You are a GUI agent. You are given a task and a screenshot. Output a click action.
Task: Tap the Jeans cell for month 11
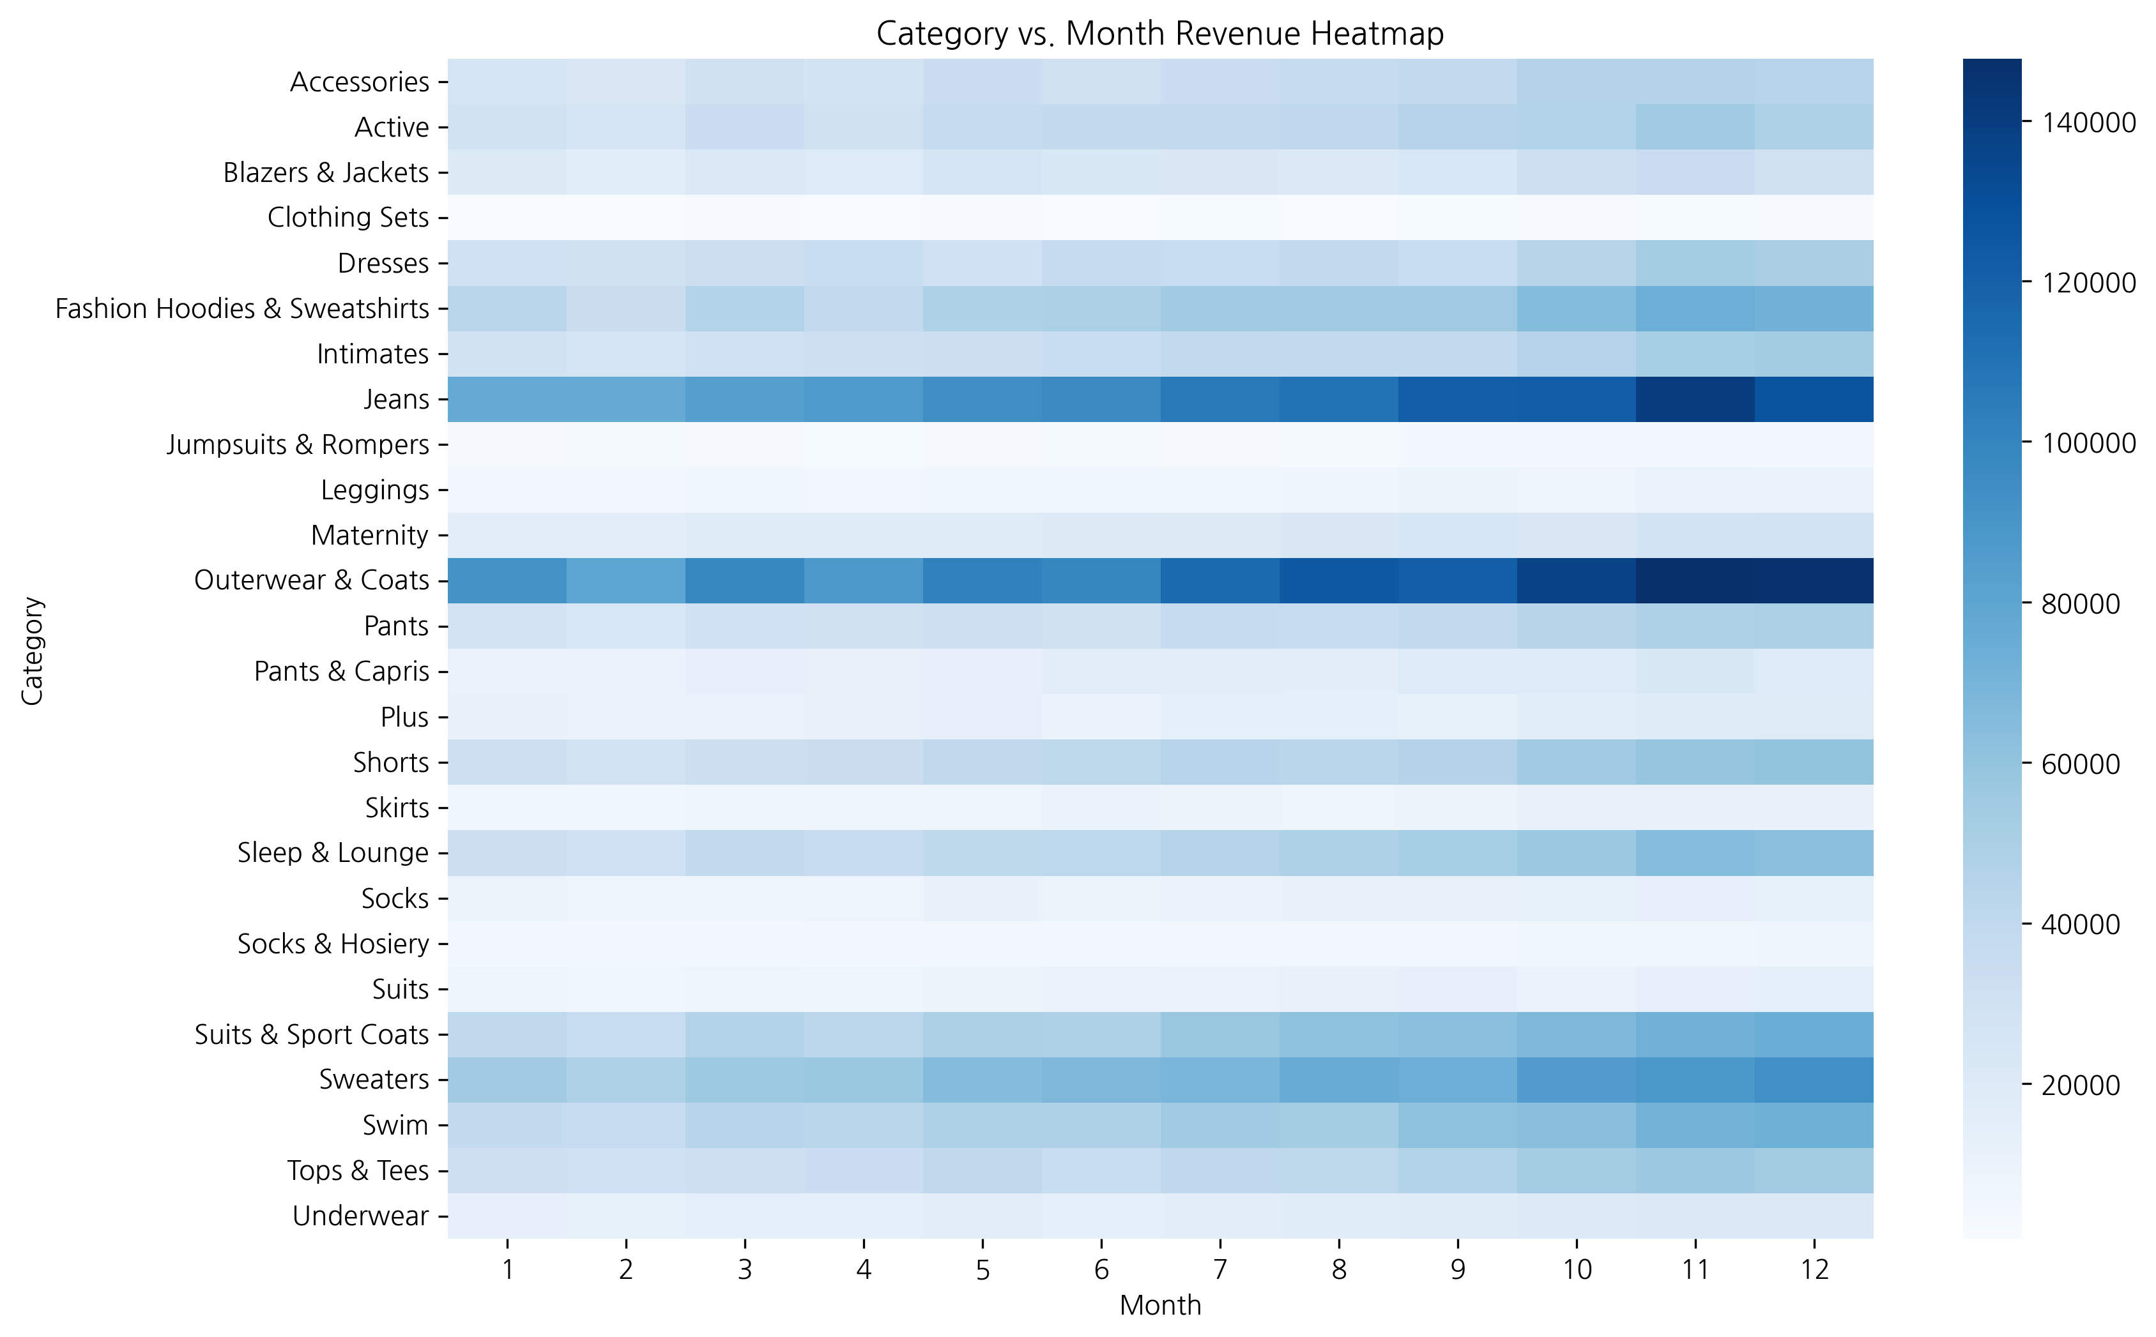(x=1694, y=399)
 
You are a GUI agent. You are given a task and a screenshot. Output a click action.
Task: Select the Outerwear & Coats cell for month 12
(x=1813, y=580)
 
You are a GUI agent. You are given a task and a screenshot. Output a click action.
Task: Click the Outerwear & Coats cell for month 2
(x=625, y=580)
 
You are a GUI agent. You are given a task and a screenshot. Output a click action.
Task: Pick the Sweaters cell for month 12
(x=1813, y=1080)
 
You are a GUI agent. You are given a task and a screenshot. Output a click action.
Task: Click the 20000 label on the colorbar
(x=2080, y=1085)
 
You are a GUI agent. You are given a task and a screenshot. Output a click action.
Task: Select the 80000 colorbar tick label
(x=2080, y=604)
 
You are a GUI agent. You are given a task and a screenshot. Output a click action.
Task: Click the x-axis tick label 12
(x=1813, y=1270)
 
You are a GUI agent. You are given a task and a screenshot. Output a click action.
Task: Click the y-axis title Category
(x=33, y=650)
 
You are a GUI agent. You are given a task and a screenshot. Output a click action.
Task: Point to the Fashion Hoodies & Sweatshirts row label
(x=241, y=308)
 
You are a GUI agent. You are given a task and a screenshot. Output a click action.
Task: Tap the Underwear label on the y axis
(x=360, y=1216)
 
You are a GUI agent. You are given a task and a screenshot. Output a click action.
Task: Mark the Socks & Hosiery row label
(x=333, y=944)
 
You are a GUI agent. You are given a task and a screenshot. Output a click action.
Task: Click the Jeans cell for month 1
(x=507, y=399)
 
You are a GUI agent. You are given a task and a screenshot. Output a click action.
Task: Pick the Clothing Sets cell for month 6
(x=1101, y=218)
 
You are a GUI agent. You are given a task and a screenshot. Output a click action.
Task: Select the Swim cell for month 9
(x=1457, y=1125)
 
